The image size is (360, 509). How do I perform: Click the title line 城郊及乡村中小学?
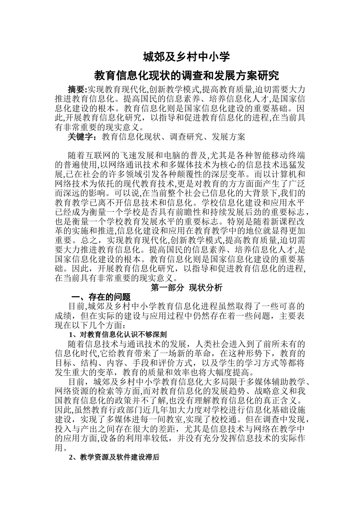point(186,57)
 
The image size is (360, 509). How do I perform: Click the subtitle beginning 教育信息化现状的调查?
point(186,76)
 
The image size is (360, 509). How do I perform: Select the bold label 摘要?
point(77,89)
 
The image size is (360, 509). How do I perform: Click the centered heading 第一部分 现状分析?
point(186,288)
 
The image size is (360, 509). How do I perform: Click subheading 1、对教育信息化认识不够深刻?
point(117,334)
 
